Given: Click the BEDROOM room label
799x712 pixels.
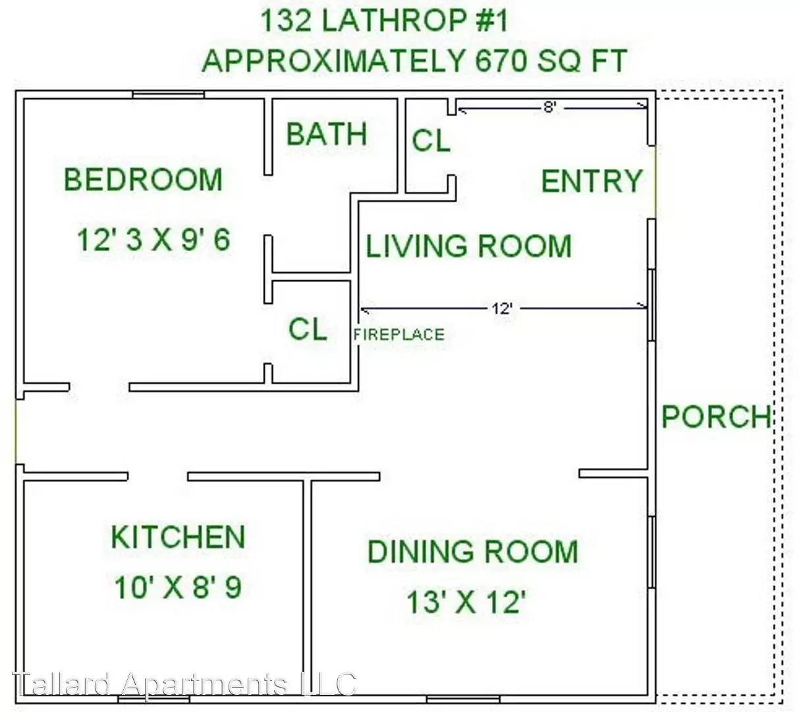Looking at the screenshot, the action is coord(143,179).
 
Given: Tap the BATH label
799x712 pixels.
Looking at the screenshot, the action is coord(327,134).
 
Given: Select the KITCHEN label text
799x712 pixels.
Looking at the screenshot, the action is coord(179,537).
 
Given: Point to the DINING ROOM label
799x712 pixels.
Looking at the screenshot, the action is coord(472,551).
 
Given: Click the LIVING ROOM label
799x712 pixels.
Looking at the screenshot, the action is coord(469,246).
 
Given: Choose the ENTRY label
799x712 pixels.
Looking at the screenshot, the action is coord(592,181).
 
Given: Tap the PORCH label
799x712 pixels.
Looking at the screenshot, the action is coord(716,417).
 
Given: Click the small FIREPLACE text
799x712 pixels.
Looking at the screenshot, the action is coord(399,335).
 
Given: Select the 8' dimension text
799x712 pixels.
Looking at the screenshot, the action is coord(550,107).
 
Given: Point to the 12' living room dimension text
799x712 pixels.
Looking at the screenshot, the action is coord(502,309).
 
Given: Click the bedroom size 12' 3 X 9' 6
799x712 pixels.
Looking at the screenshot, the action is coord(153,239).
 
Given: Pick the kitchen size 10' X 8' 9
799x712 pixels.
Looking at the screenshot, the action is coord(177,587).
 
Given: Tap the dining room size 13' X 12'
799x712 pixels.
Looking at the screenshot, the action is coord(466,602).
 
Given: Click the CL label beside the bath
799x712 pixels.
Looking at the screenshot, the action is coord(431,140).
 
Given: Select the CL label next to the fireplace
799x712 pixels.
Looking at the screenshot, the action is coord(308,329).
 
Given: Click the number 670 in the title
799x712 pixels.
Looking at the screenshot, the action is coord(501,61).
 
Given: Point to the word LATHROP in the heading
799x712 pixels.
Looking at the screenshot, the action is coord(395,20).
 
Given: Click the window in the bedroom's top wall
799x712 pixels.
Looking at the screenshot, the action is coord(169,95).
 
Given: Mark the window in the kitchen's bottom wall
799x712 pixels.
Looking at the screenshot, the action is coord(153,699).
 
